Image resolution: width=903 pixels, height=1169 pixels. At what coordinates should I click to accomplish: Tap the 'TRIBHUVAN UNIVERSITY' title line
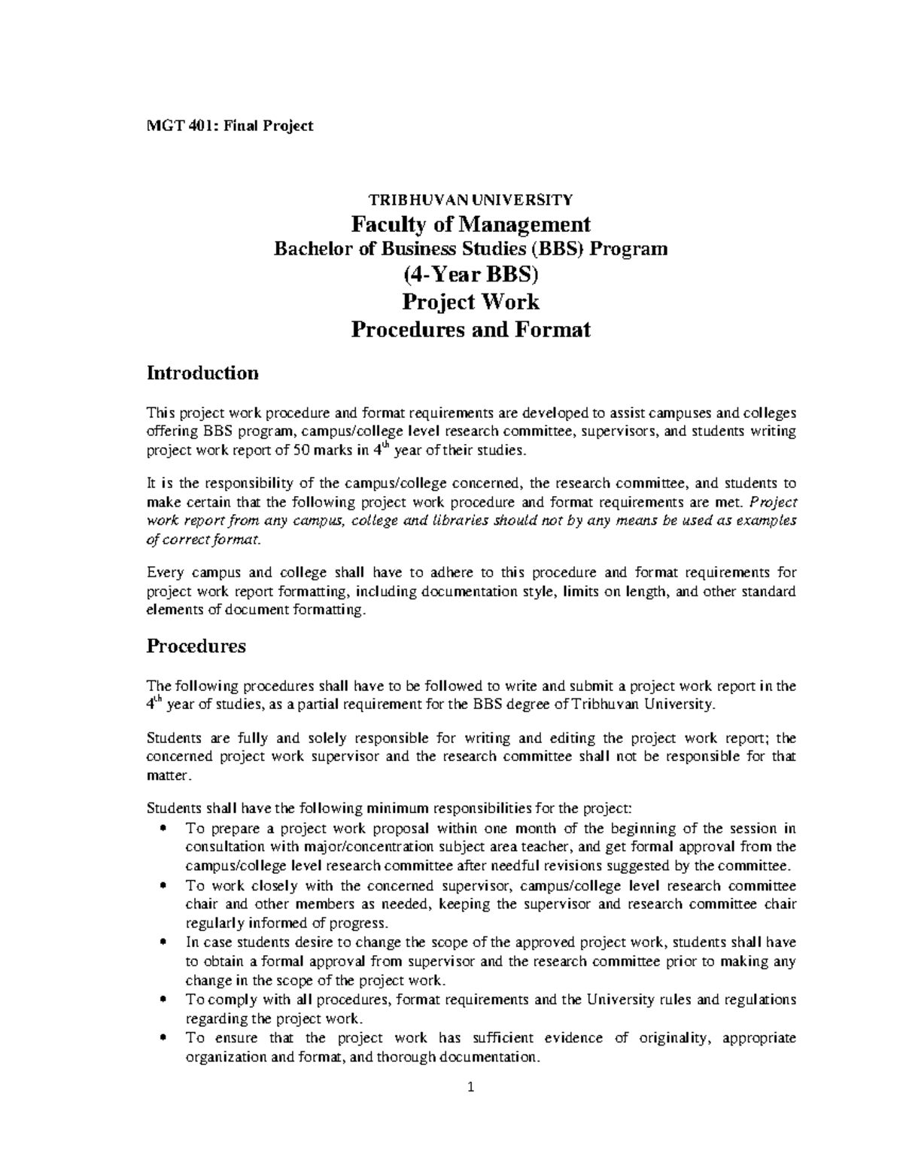[x=470, y=199]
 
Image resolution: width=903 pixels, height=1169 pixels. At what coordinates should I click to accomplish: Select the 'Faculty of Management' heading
[x=470, y=224]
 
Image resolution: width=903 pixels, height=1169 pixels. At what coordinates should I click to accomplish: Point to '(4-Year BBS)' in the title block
[x=470, y=275]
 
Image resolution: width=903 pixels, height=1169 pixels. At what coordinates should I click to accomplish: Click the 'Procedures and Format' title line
[x=470, y=329]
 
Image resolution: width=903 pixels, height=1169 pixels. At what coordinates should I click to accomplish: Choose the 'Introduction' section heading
[x=202, y=373]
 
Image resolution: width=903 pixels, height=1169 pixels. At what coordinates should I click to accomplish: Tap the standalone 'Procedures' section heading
[x=196, y=646]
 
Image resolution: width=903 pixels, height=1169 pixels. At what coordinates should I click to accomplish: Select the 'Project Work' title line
[x=470, y=302]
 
